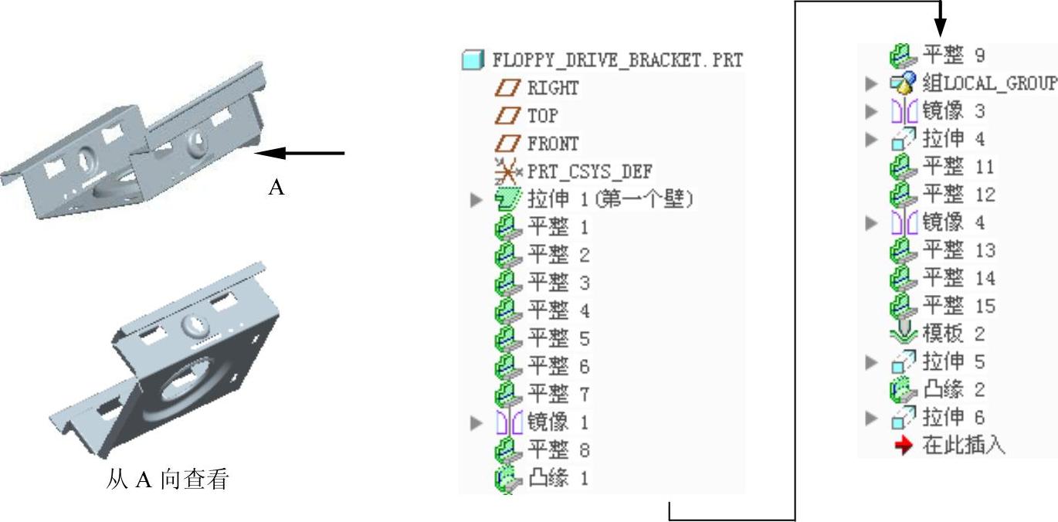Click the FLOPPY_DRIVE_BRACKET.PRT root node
(x=616, y=60)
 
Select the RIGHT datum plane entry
(x=552, y=88)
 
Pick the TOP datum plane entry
(x=542, y=116)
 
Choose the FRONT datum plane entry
(x=552, y=144)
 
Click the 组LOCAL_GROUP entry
(x=988, y=83)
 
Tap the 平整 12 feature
(x=958, y=195)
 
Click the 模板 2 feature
(x=954, y=334)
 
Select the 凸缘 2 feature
(x=954, y=389)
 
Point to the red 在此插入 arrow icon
(x=903, y=446)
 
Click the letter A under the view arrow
(x=276, y=188)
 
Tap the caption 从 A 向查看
(x=168, y=480)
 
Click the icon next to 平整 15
(x=901, y=306)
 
